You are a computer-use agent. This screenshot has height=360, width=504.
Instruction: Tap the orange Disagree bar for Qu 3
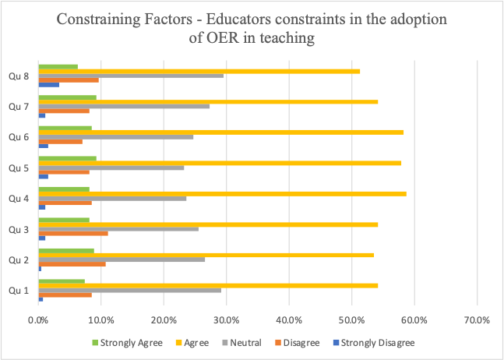click(73, 233)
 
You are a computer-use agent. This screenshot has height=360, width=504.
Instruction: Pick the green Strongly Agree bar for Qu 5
click(67, 158)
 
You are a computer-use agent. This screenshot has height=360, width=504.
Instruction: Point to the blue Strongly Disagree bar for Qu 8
click(48, 84)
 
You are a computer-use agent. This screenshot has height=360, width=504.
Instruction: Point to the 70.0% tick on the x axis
click(476, 319)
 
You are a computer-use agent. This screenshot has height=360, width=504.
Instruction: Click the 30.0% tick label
click(226, 319)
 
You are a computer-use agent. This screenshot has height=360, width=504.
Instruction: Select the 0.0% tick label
click(38, 319)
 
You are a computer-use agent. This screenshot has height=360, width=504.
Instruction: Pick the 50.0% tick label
click(351, 319)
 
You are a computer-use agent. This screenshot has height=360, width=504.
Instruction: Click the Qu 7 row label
click(18, 106)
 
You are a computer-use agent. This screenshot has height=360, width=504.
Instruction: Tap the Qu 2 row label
click(18, 259)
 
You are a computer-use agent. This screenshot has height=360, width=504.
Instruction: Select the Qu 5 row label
click(18, 168)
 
